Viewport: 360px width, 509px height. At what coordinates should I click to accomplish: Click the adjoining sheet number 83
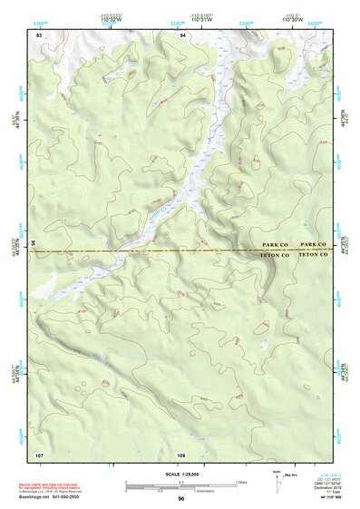39,34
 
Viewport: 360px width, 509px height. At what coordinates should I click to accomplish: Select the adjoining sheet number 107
39,455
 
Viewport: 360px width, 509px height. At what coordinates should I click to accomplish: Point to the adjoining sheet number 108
181,455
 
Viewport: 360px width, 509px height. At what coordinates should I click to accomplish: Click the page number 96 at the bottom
181,499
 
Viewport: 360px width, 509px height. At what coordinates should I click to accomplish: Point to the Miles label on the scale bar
241,481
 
